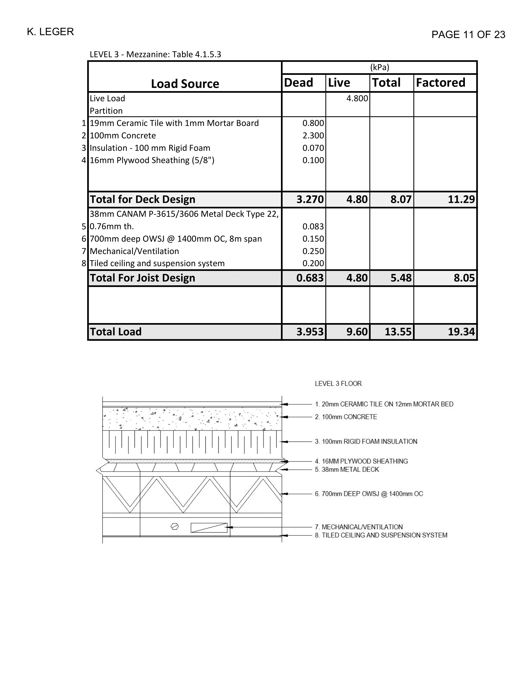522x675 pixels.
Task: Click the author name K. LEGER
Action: [50, 32]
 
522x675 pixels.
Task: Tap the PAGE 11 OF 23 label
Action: [468, 35]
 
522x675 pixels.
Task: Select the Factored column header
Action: [440, 83]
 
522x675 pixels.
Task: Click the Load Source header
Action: [185, 84]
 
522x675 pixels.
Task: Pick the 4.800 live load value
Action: [357, 98]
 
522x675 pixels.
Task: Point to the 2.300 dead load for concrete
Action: [313, 136]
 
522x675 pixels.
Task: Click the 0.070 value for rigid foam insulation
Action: [313, 148]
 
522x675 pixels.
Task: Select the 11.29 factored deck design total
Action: [461, 199]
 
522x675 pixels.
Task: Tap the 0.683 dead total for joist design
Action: [310, 278]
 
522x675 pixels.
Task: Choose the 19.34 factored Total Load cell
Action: [461, 332]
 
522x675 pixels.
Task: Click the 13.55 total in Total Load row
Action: [398, 332]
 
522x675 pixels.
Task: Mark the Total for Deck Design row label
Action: [142, 199]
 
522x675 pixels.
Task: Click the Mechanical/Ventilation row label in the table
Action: [134, 251]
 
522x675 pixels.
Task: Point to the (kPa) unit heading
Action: [380, 67]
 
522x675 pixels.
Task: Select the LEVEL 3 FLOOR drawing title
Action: [338, 384]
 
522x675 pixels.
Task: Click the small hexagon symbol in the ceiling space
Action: [175, 526]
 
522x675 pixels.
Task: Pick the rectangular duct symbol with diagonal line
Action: [209, 528]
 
